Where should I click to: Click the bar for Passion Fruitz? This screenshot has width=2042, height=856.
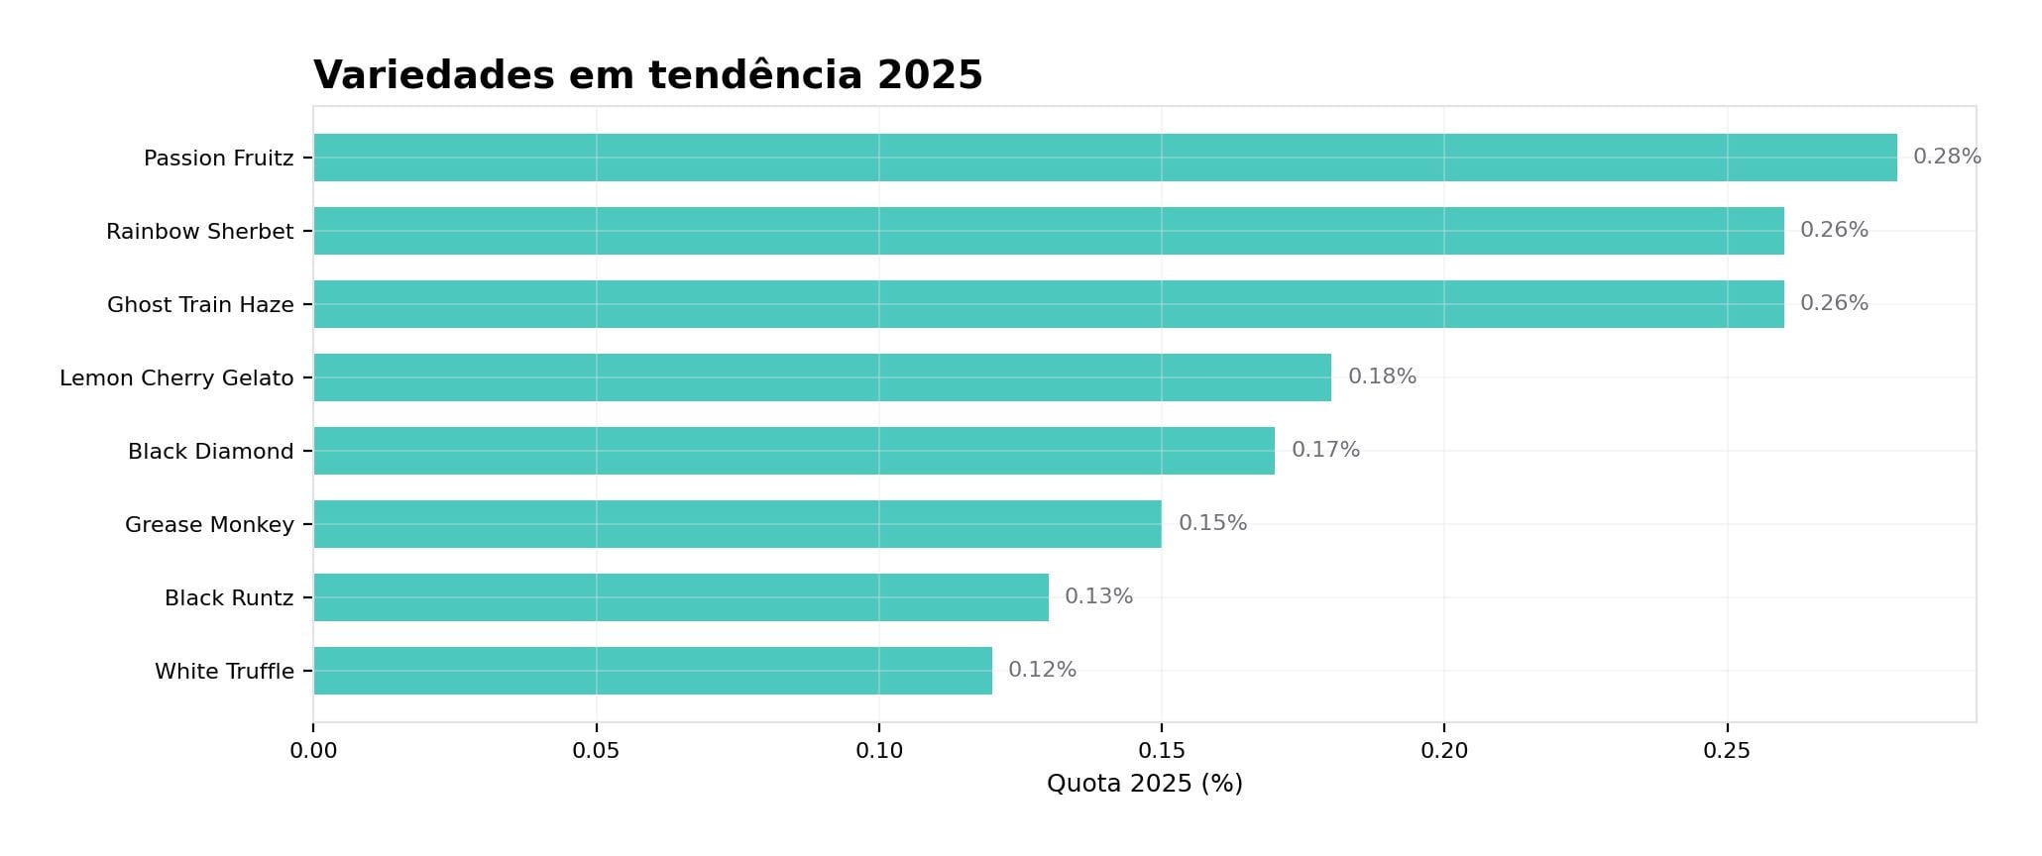(x=1104, y=158)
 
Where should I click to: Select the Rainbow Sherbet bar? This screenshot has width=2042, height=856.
(x=1048, y=231)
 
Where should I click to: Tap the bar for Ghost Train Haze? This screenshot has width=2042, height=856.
(x=1048, y=304)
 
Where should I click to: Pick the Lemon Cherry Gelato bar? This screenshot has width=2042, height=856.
(x=822, y=377)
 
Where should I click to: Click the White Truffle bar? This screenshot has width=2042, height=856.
(x=652, y=671)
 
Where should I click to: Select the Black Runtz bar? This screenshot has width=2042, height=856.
(x=680, y=597)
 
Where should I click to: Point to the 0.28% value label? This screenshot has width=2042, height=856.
(x=1946, y=157)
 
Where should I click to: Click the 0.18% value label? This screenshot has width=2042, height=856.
(x=1381, y=376)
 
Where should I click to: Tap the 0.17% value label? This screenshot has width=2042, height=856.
(x=1324, y=450)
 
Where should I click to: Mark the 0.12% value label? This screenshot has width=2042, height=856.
(x=1041, y=670)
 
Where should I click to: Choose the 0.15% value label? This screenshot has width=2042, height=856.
(x=1211, y=523)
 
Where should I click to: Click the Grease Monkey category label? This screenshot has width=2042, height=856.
(x=209, y=525)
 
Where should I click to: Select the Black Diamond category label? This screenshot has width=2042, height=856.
(x=210, y=452)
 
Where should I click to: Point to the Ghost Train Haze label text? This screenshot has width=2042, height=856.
(x=200, y=305)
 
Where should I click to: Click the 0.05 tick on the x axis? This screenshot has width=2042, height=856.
(x=596, y=751)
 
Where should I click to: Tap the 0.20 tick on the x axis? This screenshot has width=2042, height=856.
(x=1443, y=751)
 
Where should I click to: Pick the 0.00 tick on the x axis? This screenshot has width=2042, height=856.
(x=313, y=751)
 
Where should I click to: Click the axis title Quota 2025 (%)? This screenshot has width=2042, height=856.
(x=1144, y=784)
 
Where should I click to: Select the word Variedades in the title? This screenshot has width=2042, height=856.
(x=433, y=75)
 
